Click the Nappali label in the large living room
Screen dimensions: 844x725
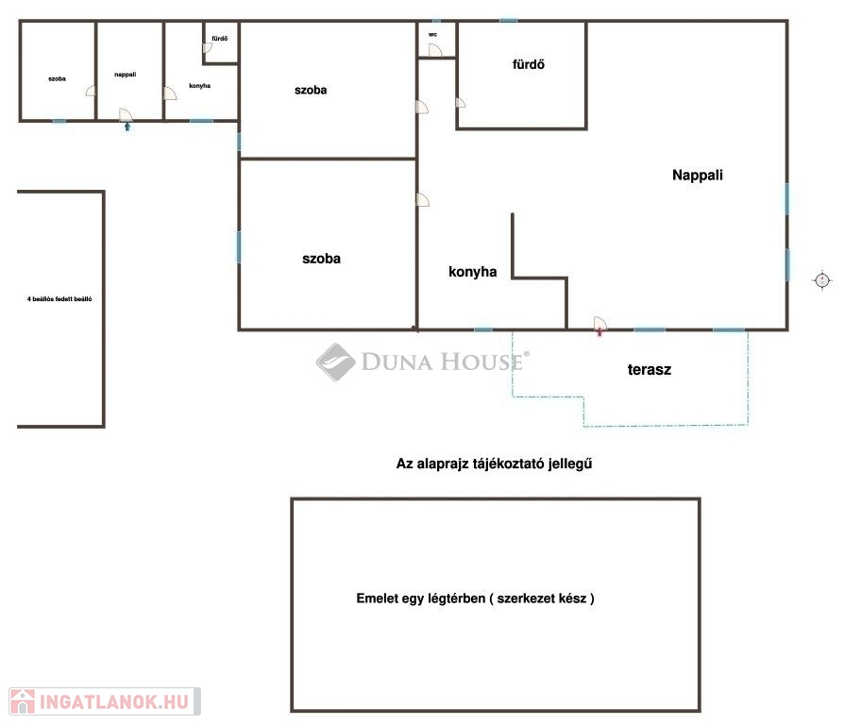697,175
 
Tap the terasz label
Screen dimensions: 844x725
650,370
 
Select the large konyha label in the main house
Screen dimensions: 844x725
473,272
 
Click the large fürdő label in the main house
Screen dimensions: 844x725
528,64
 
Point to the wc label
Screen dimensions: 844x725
432,34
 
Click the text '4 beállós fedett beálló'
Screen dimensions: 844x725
59,299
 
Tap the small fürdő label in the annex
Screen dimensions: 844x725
220,39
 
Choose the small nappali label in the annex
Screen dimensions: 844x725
125,75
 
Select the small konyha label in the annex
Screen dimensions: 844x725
200,86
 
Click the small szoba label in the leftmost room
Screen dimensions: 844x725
57,79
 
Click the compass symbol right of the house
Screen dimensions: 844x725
821,280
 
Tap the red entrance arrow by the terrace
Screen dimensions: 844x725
599,332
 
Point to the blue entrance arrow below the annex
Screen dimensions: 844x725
127,126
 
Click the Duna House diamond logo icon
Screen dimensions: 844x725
335,362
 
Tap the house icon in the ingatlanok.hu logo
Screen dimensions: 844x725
22,701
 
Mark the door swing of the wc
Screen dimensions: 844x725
435,50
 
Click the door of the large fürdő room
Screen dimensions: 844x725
461,103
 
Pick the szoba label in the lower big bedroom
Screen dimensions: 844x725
321,259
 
